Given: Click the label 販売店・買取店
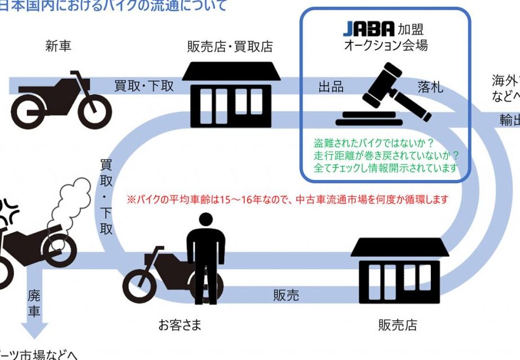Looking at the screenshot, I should pyautogui.click(x=230, y=46).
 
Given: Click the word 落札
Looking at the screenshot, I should pyautogui.click(x=430, y=87).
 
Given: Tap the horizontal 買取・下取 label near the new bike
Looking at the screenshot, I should pyautogui.click(x=144, y=86).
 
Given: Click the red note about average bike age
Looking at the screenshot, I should pyautogui.click(x=287, y=200).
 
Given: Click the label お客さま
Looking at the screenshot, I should pyautogui.click(x=180, y=325).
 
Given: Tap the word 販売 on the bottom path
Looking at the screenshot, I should pyautogui.click(x=286, y=295).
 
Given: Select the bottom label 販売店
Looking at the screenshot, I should pyautogui.click(x=397, y=325).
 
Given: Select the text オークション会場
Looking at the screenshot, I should pyautogui.click(x=386, y=46).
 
